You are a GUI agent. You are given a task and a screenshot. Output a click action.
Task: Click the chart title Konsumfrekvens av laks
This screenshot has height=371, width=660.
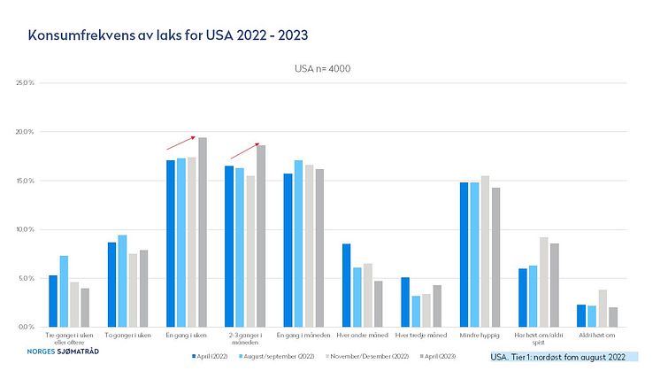point(168,35)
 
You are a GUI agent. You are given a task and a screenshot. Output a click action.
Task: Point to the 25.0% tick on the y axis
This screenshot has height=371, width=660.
point(24,83)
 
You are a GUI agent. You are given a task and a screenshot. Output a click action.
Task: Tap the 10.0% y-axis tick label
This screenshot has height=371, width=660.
point(24,229)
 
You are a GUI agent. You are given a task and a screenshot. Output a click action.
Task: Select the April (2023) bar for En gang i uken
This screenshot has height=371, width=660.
point(203,232)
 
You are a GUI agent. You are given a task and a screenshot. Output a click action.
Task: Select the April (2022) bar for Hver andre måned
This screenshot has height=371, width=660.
point(346,285)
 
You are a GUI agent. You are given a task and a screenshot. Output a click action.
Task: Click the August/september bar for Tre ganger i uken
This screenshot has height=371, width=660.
point(64,291)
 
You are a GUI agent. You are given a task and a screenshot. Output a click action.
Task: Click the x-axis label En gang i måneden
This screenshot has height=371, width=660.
point(303,335)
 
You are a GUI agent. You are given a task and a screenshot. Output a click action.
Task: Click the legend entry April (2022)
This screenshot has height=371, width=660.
point(212,356)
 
